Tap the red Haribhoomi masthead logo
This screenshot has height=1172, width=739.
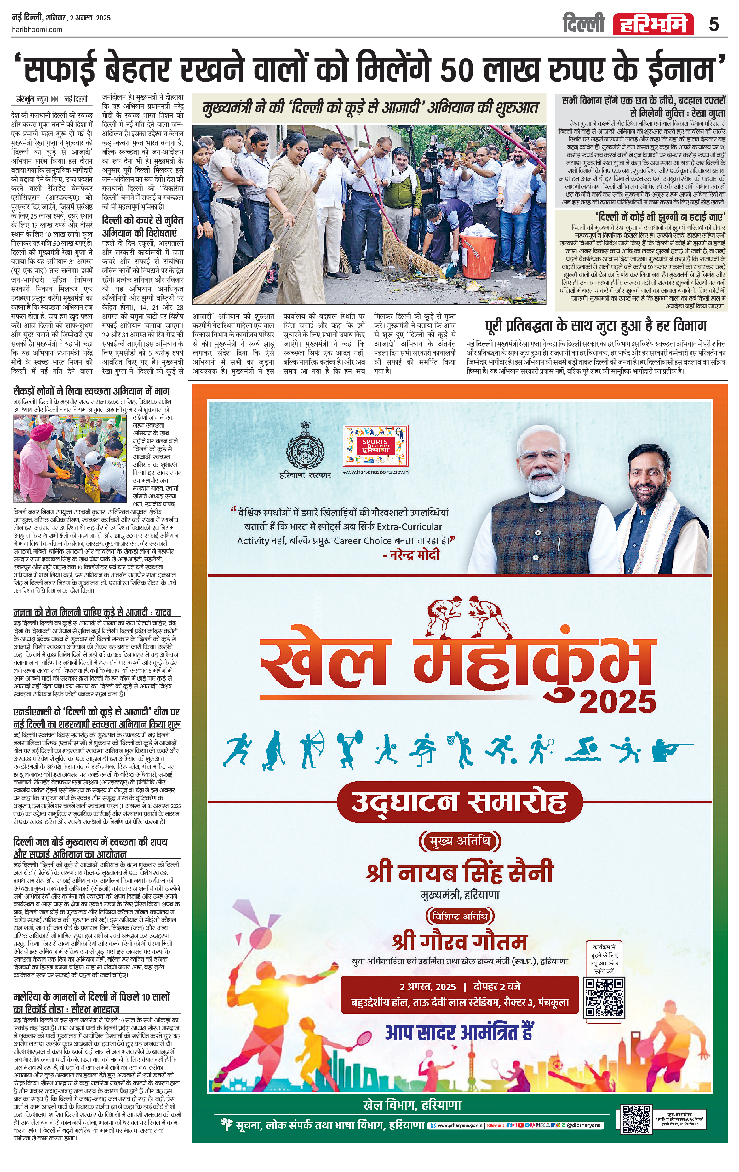coord(653,24)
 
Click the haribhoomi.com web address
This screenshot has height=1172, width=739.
coord(37,29)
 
